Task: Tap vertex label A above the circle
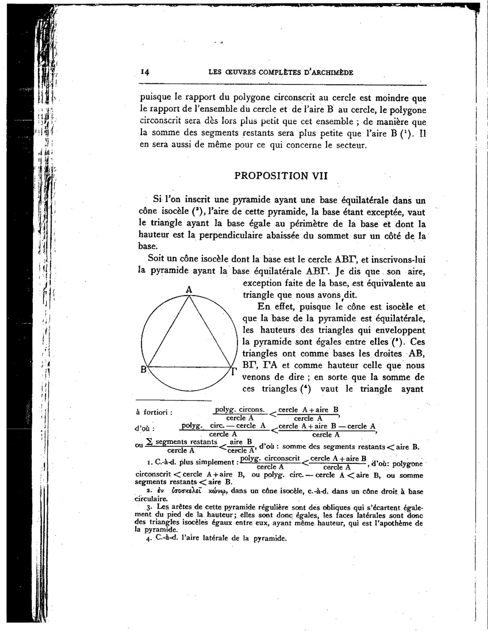(x=189, y=289)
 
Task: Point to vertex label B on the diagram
(x=144, y=370)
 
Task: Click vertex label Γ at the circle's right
(x=234, y=371)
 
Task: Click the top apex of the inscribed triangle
(x=189, y=296)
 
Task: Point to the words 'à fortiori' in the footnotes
(x=154, y=412)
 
